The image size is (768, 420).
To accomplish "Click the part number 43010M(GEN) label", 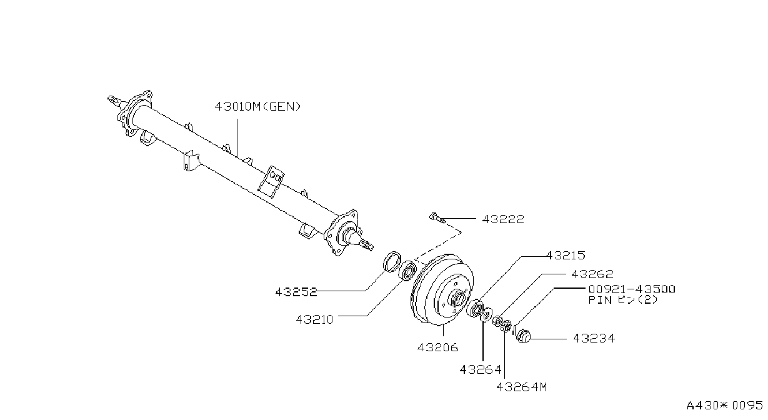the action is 257,107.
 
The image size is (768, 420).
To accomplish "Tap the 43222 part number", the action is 503,219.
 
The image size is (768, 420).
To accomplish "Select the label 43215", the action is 566,256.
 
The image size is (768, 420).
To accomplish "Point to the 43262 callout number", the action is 592,274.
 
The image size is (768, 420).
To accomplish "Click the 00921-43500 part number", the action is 632,289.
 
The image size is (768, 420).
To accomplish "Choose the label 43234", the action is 594,338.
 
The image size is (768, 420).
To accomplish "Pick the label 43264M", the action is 522,387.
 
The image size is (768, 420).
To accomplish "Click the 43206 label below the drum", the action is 438,347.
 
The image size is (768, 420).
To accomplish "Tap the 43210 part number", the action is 314,319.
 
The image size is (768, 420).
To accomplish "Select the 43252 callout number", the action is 296,292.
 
